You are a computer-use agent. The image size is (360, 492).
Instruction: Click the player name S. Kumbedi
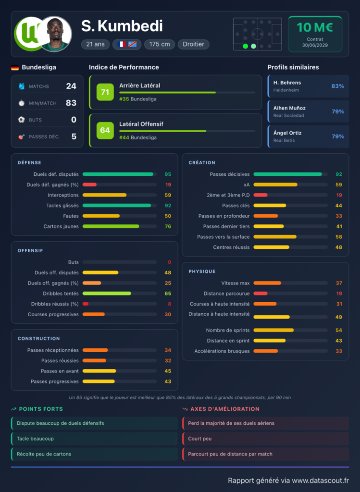122,26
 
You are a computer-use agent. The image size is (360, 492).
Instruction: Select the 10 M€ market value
315,27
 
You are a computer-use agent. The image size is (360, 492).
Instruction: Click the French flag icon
122,44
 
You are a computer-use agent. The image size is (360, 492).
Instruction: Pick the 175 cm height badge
160,44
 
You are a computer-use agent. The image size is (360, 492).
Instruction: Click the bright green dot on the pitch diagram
246,46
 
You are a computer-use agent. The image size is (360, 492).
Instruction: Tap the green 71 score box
105,92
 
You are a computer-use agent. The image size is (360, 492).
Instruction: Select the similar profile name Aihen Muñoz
289,108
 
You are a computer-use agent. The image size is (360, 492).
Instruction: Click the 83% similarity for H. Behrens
338,86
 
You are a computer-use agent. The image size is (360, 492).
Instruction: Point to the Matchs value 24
71,86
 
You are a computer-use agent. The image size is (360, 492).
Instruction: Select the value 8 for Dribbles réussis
170,304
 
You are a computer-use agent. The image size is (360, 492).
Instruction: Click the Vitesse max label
236,283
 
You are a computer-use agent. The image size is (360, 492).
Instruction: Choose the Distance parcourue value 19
339,294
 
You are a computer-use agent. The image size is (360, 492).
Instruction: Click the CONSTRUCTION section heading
38,339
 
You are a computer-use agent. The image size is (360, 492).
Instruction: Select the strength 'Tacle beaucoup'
35,439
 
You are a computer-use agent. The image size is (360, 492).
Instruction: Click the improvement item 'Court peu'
199,439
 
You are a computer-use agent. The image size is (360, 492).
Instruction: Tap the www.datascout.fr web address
321,480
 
